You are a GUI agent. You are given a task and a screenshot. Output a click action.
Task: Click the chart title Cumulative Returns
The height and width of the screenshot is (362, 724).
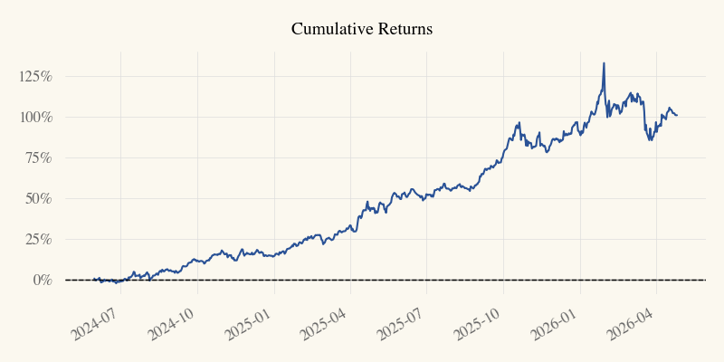(x=362, y=29)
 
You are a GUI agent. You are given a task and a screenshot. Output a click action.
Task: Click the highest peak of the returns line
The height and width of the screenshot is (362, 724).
(x=604, y=63)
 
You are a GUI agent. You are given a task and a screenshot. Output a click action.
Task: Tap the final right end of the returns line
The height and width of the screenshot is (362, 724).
(x=677, y=115)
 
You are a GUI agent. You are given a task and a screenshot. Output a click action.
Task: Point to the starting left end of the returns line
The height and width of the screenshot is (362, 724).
(x=93, y=280)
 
